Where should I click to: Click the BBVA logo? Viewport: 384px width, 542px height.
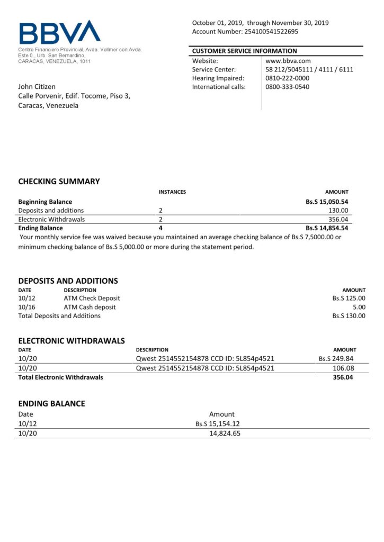click(x=59, y=32)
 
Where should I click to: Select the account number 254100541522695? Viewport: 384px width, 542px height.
click(x=271, y=31)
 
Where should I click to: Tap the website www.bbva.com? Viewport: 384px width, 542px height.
click(x=288, y=61)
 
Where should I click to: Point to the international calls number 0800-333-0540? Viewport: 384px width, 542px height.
click(x=287, y=87)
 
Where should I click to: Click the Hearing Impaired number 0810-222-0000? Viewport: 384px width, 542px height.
click(x=287, y=78)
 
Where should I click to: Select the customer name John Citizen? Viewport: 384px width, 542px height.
click(x=37, y=86)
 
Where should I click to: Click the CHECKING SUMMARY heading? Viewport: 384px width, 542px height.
click(x=59, y=182)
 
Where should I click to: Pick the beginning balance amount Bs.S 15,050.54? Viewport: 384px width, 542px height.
click(x=327, y=202)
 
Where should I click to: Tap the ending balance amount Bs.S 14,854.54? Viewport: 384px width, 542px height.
click(x=327, y=228)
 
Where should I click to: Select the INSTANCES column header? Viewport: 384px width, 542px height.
click(x=172, y=192)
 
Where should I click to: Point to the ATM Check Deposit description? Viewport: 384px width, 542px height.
click(x=92, y=299)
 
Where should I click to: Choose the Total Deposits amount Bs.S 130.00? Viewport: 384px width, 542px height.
click(x=349, y=316)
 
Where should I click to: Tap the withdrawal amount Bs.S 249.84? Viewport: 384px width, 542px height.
click(x=336, y=358)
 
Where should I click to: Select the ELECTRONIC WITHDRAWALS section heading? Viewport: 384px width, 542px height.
click(x=72, y=341)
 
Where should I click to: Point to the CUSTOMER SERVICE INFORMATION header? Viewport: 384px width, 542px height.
click(x=244, y=51)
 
